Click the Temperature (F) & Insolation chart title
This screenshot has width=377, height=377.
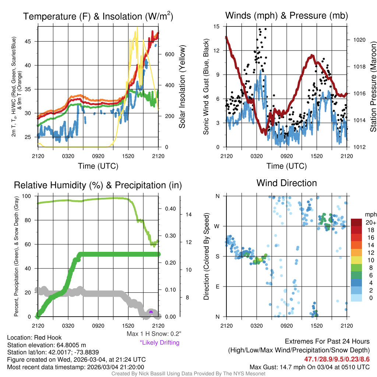coord(98,16)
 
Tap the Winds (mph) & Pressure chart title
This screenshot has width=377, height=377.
coord(286,15)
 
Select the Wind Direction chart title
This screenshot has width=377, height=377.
coord(286,183)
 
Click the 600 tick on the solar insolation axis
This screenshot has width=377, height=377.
coord(164,54)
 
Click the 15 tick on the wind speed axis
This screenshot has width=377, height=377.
coord(216,27)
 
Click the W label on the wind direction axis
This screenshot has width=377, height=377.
coord(218,226)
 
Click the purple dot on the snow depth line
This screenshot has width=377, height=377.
coord(151,312)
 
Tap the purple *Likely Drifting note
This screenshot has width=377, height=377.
coord(159,343)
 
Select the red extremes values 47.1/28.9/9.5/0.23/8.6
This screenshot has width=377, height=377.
coord(337,359)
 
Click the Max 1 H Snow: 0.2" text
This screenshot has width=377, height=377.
coord(154,334)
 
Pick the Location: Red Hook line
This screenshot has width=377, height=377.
coord(35,337)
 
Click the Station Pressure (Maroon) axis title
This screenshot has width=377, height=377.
coord(373,87)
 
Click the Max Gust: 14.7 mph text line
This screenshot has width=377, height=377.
coord(310,367)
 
